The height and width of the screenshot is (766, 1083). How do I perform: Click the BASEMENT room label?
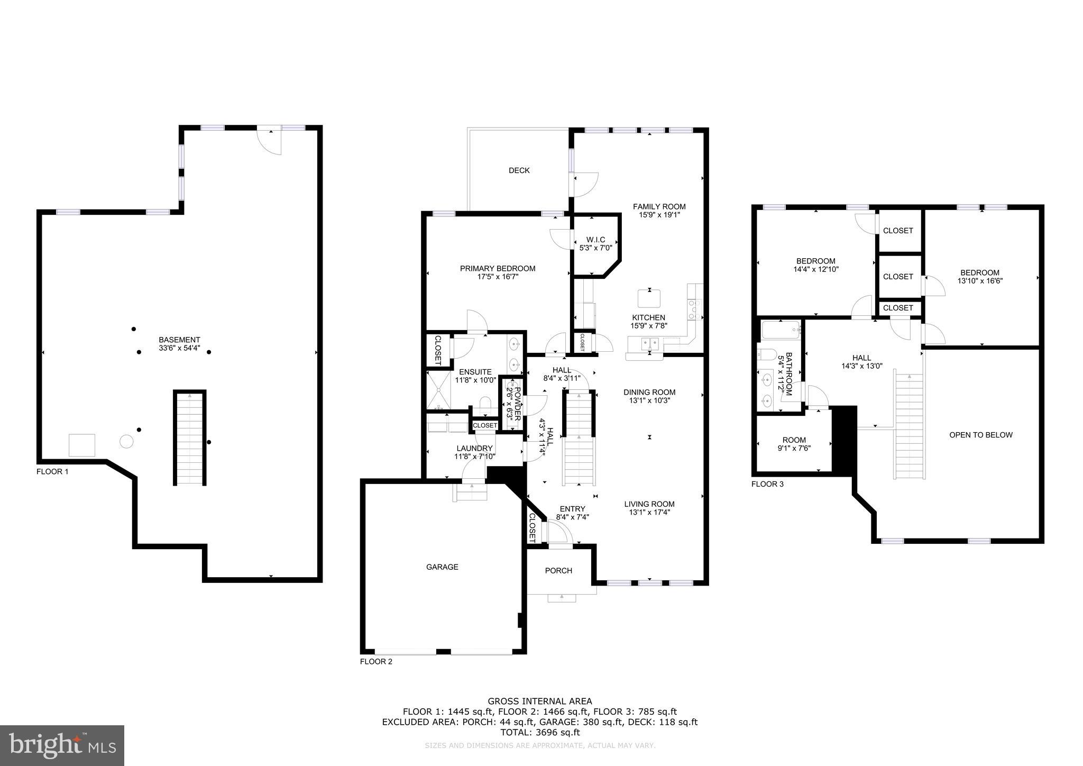click(179, 340)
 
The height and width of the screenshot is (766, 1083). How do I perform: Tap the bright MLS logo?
click(62, 745)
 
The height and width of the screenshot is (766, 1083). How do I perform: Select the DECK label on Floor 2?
click(519, 170)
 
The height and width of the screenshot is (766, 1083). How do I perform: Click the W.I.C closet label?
click(595, 240)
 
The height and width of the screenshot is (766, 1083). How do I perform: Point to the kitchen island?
click(649, 299)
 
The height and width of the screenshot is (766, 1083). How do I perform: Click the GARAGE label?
click(442, 567)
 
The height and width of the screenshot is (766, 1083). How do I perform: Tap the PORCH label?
click(558, 571)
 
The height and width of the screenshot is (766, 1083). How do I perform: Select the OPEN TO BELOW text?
click(980, 435)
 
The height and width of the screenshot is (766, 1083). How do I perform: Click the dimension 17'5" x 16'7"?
click(497, 276)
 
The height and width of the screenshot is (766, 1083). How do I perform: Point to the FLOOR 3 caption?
click(767, 484)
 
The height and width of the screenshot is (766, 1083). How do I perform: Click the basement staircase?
click(190, 438)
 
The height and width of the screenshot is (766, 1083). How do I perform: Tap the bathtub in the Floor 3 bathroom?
click(781, 331)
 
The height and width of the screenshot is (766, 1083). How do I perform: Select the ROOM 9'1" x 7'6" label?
click(794, 444)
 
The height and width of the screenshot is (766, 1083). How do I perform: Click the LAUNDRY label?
click(474, 449)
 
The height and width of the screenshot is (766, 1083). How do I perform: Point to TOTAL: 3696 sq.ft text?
click(540, 733)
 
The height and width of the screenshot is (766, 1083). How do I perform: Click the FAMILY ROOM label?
click(659, 207)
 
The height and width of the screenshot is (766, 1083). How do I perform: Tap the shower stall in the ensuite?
click(439, 390)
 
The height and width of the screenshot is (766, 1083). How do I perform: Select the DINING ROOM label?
click(649, 393)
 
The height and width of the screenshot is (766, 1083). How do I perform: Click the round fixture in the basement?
click(126, 441)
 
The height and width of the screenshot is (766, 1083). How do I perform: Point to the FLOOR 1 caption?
click(52, 472)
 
